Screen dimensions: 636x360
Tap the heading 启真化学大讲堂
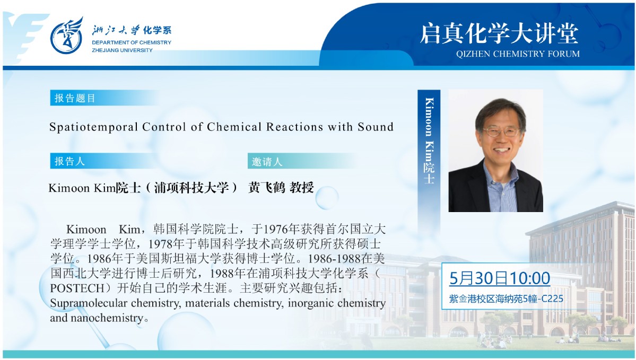pyautogui.click(x=499, y=33)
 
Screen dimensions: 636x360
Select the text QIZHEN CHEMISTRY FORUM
pyautogui.click(x=518, y=54)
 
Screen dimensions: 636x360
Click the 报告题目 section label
pyautogui.click(x=75, y=98)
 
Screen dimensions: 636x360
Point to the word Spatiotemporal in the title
pyautogui.click(x=94, y=127)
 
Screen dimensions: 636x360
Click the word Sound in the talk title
pyautogui.click(x=376, y=127)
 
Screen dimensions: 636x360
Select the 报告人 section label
pyautogui.click(x=70, y=161)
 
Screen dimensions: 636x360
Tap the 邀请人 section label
pyautogui.click(x=267, y=162)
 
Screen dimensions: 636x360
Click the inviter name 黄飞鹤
pyautogui.click(x=267, y=187)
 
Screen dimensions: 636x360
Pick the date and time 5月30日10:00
pyautogui.click(x=499, y=278)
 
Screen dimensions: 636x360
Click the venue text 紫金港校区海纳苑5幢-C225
pyautogui.click(x=506, y=299)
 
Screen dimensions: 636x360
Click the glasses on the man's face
pyautogui.click(x=501, y=132)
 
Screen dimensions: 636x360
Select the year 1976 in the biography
pyautogui.click(x=276, y=230)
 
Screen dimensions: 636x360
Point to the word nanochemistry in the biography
pyautogui.click(x=107, y=318)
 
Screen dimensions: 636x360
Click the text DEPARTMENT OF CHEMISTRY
pyautogui.click(x=132, y=42)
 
